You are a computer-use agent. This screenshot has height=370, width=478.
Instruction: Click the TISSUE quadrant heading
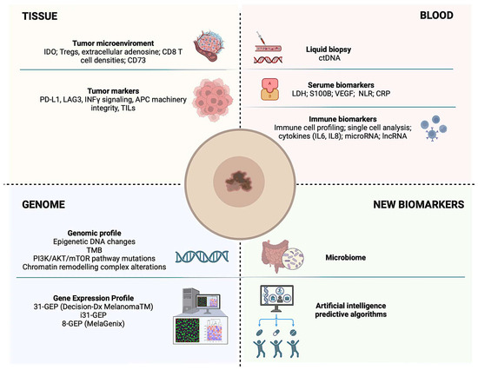40,17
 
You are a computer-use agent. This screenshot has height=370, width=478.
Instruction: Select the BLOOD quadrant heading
436,16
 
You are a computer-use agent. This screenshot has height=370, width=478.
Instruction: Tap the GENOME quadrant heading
43,204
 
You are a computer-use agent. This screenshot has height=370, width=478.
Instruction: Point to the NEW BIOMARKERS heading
419,204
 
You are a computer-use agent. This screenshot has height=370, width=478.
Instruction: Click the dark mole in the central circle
239,182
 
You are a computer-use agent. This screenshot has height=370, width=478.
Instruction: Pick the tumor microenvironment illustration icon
209,45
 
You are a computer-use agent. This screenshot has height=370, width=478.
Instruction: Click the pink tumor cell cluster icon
212,100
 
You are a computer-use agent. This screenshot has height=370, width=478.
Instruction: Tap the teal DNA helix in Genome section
202,256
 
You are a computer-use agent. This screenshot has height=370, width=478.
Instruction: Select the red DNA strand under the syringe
268,60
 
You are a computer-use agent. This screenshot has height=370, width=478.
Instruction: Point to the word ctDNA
329,58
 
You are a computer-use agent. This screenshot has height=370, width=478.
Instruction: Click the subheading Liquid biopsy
329,50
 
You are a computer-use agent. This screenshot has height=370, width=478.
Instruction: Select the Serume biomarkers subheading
341,85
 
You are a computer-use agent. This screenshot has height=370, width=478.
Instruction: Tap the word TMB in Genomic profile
94,250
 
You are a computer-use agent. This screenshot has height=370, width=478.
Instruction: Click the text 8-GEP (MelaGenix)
93,323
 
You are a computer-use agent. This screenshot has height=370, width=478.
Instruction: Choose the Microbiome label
346,258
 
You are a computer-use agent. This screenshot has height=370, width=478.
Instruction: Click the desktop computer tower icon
190,301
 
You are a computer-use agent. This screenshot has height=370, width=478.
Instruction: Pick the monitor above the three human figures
276,298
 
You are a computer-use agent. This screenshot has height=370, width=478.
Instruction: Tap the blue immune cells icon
434,128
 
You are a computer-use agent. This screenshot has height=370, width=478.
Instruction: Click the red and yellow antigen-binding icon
269,89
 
